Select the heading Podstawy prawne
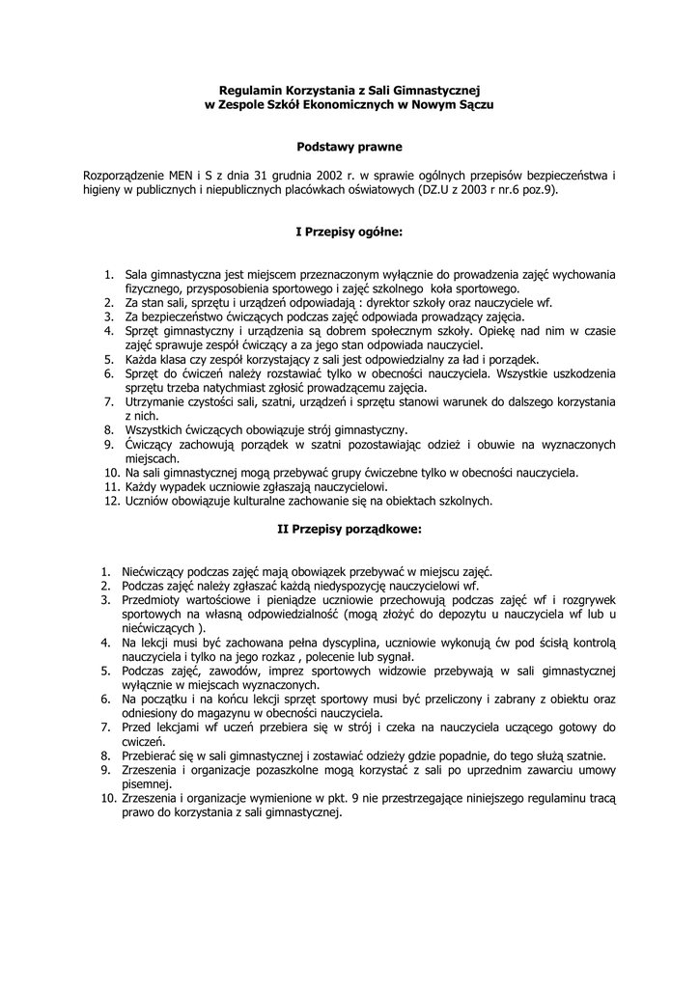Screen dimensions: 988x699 349,148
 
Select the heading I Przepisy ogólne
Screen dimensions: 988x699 349,233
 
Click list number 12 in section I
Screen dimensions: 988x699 109,501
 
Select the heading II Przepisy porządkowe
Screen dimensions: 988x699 349,529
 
